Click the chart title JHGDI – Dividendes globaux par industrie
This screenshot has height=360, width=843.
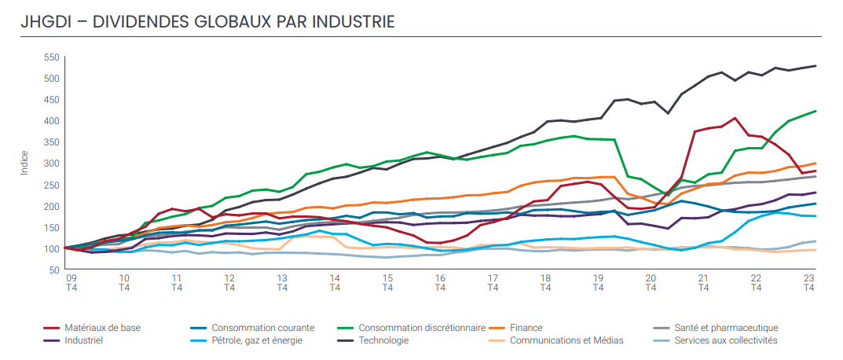[207, 21]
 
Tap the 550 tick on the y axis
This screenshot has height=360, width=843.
[52, 57]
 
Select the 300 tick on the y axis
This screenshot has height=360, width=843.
[52, 163]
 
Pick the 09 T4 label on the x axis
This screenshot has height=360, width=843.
[71, 283]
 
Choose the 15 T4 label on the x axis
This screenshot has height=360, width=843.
[387, 283]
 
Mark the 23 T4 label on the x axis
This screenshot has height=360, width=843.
[809, 283]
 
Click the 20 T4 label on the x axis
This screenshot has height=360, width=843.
[651, 283]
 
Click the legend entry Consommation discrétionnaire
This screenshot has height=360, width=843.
[422, 328]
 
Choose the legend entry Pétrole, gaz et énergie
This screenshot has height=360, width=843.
[257, 340]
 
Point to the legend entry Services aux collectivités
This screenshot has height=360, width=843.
[727, 340]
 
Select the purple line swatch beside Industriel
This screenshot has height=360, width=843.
[51, 340]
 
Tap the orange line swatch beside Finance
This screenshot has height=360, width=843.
[496, 328]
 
